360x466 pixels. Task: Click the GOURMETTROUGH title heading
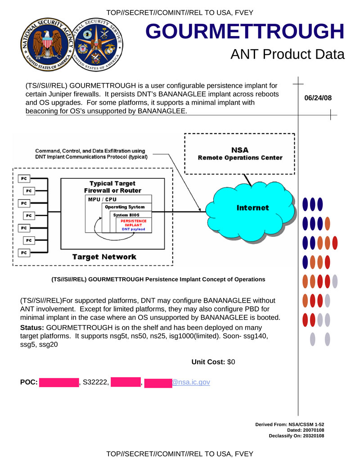(x=245, y=31)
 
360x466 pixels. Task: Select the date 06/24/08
(x=318, y=98)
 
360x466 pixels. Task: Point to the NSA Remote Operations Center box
(x=240, y=154)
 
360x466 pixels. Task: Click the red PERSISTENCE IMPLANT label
(x=133, y=223)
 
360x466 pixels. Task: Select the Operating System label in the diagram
(x=125, y=207)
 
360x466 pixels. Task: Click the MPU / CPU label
(x=103, y=199)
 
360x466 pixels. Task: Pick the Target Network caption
(x=104, y=257)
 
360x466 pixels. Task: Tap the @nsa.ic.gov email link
(x=191, y=382)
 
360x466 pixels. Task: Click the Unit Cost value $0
(x=231, y=362)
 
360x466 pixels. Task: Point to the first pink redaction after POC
(x=59, y=382)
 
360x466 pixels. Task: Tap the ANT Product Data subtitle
(x=287, y=54)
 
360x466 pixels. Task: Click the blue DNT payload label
(x=134, y=229)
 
